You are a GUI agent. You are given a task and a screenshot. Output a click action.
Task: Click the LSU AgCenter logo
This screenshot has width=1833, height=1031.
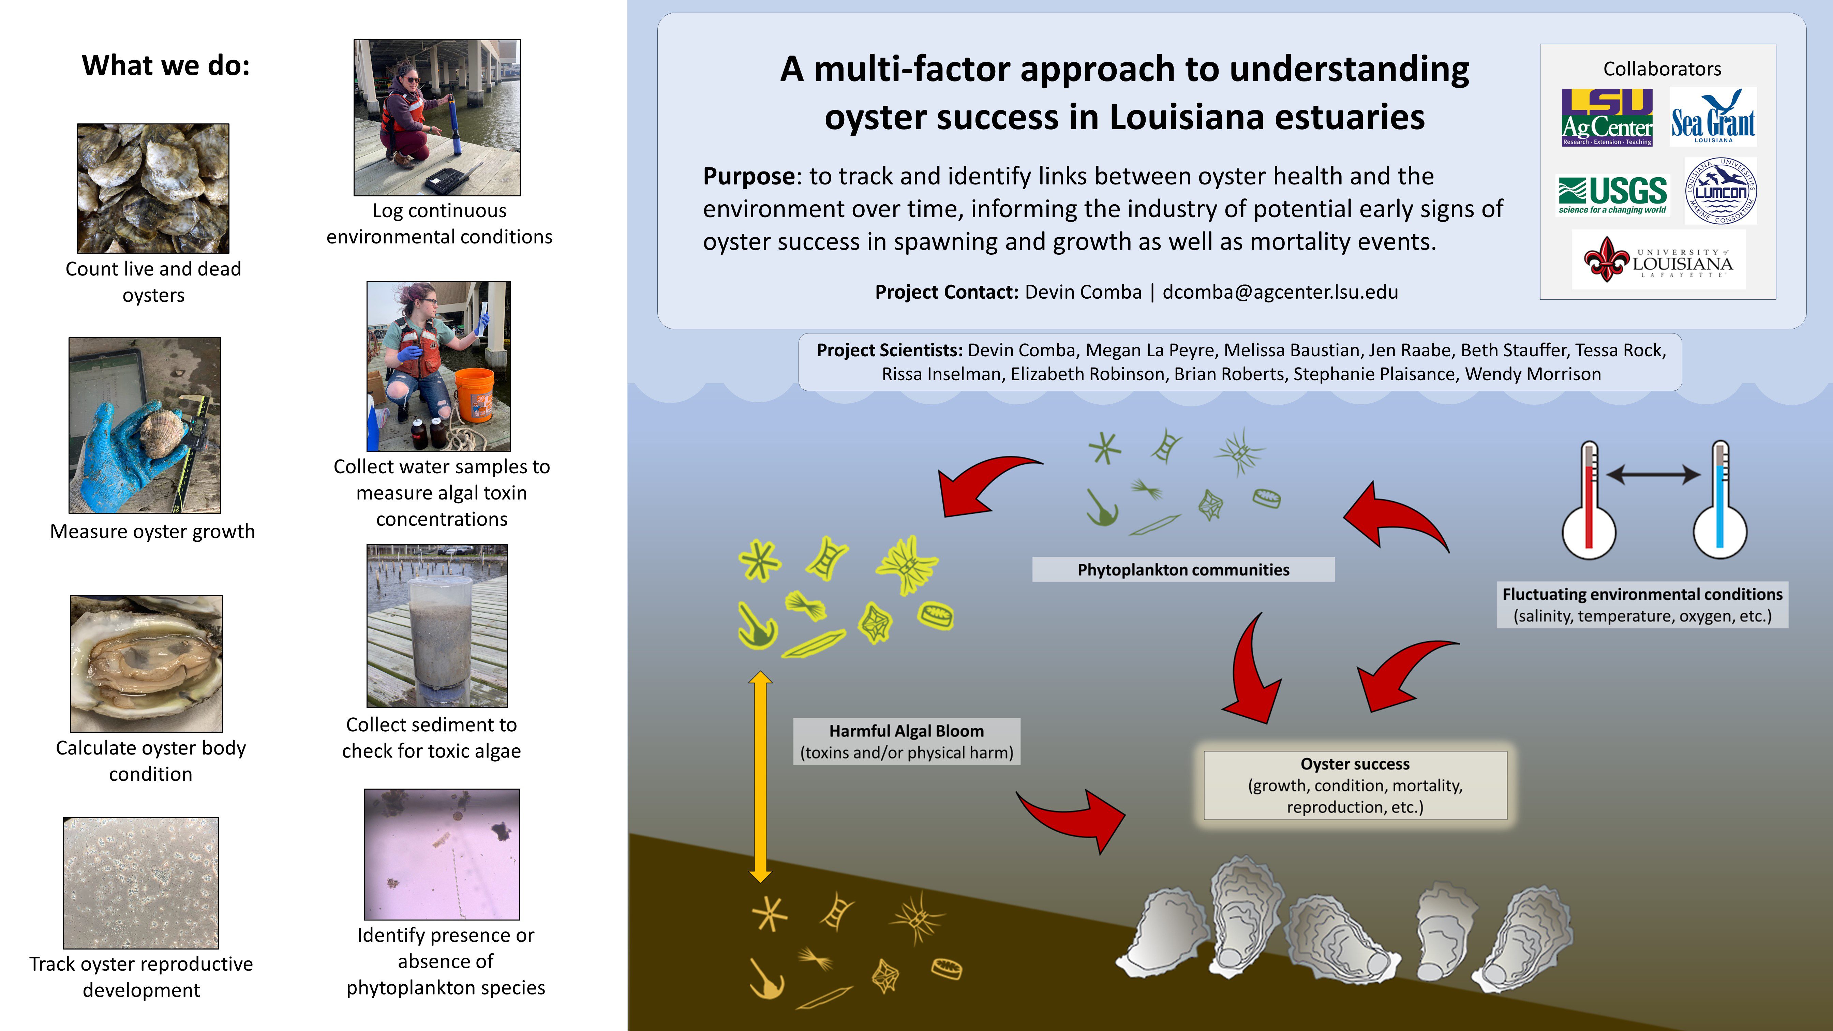point(1607,117)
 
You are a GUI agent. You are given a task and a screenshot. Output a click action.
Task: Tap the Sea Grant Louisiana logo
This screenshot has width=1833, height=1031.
point(1713,116)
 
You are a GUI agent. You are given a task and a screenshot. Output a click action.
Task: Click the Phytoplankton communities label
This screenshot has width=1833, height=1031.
point(1183,570)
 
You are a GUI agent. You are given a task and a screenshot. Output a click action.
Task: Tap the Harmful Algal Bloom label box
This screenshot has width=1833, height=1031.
point(907,742)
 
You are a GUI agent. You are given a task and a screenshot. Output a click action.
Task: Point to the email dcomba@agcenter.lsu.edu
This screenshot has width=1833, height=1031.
point(1280,292)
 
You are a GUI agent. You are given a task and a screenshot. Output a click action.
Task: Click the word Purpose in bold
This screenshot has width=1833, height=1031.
point(748,177)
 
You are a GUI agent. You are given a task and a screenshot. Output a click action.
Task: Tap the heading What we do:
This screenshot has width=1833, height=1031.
point(166,65)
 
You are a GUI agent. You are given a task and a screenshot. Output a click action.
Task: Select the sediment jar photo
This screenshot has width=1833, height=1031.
point(437,625)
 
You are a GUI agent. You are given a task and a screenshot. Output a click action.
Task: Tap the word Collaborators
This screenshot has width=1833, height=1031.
point(1662,69)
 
